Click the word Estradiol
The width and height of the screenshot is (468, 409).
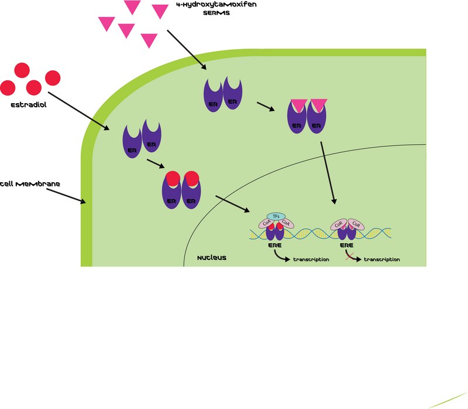point(29,105)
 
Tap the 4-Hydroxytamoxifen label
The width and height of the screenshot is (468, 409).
point(216,5)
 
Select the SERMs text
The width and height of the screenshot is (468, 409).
point(216,13)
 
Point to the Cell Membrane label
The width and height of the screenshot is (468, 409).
point(30,184)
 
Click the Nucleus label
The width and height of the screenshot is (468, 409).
point(212,258)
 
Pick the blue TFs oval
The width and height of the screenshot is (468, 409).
point(276,216)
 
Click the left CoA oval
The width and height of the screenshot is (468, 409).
point(266,223)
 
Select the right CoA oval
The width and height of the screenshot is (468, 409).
point(286,223)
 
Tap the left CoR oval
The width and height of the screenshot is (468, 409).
point(339,224)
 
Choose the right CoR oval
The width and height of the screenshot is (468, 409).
point(356,224)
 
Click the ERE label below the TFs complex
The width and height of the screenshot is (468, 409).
point(274,245)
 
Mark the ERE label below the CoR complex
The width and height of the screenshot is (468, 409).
point(346,245)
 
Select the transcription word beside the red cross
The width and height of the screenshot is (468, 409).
point(382,260)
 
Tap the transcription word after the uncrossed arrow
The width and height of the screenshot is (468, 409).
point(311,260)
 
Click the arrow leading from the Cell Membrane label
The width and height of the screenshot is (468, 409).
point(66,196)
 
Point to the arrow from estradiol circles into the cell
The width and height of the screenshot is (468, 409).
point(79,111)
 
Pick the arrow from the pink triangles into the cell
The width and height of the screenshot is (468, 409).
point(187,50)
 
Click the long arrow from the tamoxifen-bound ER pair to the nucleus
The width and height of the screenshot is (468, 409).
point(328,173)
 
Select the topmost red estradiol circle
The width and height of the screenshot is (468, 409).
point(22,70)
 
